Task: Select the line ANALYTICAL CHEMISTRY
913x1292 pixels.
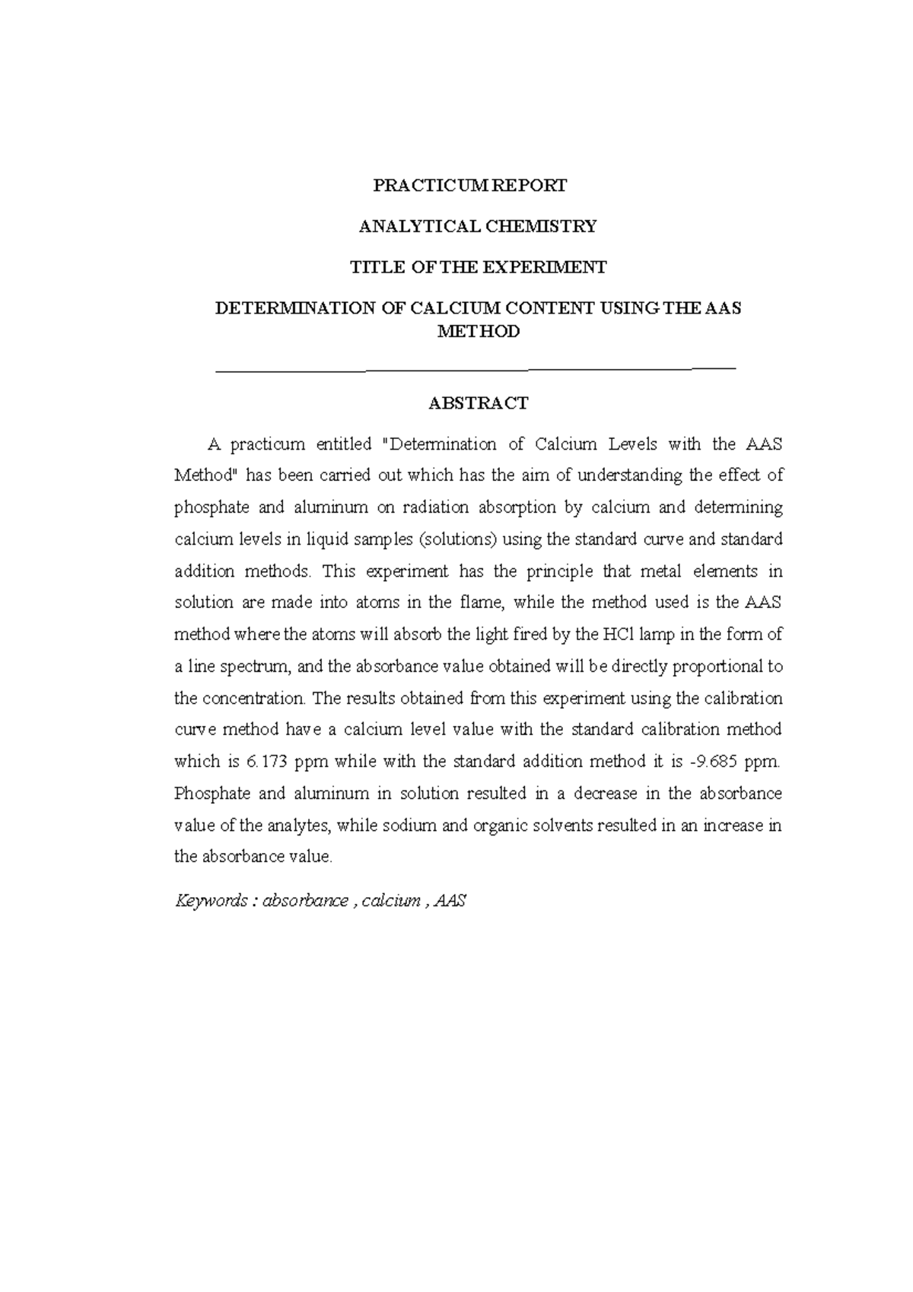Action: [x=478, y=226]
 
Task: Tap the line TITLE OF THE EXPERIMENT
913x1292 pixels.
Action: [x=478, y=267]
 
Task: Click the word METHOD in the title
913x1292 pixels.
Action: [x=478, y=332]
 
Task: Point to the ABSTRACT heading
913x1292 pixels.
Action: [x=478, y=403]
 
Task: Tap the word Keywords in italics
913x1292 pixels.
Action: [x=212, y=902]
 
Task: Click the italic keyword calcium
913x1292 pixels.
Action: [x=391, y=902]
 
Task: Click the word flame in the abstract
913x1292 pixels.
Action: [x=482, y=603]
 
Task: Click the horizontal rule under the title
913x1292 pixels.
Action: [x=477, y=369]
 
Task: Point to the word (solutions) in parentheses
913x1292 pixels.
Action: [x=458, y=539]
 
